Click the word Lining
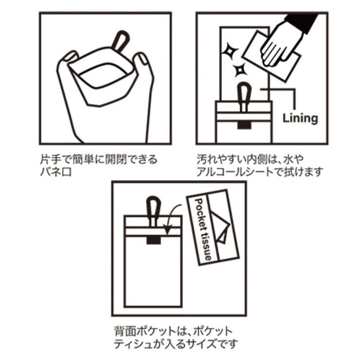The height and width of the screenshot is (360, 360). (x=301, y=118)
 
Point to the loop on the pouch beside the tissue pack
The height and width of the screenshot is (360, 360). (x=154, y=209)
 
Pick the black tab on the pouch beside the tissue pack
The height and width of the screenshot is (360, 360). (x=154, y=239)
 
